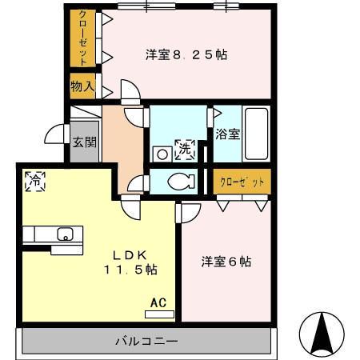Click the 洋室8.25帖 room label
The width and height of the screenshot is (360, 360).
[x=186, y=55]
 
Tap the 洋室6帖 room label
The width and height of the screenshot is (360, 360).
[x=226, y=262]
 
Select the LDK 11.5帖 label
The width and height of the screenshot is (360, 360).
[x=127, y=262]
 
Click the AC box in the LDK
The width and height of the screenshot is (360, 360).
[x=158, y=303]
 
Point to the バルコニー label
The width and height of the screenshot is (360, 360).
[x=146, y=342]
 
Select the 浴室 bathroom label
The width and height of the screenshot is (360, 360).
[x=226, y=134]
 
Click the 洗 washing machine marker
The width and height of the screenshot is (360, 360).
[x=185, y=147]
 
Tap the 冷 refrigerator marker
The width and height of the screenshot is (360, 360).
[x=34, y=180]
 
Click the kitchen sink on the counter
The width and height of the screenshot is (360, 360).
[x=64, y=234]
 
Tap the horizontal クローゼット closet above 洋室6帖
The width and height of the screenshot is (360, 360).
[x=242, y=182]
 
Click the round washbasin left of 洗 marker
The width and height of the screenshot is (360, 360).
[x=160, y=153]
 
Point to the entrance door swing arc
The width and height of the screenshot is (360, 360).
[x=55, y=133]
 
